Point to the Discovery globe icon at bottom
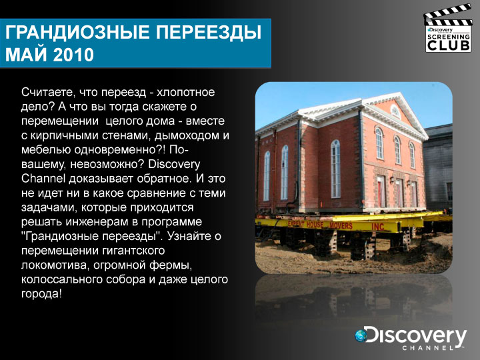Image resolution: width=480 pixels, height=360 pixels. click(361, 335)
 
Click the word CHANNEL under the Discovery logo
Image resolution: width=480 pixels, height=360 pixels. click(428, 348)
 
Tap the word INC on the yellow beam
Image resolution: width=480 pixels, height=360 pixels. click(377, 227)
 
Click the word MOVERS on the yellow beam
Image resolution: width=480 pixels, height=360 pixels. click(341, 226)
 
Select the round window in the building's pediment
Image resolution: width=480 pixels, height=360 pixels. click(395, 112)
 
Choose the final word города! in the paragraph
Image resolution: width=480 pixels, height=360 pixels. click(41, 294)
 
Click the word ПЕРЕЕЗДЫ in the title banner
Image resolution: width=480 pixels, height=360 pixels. click(209, 33)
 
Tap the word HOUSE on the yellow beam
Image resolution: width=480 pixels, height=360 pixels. click(315, 225)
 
